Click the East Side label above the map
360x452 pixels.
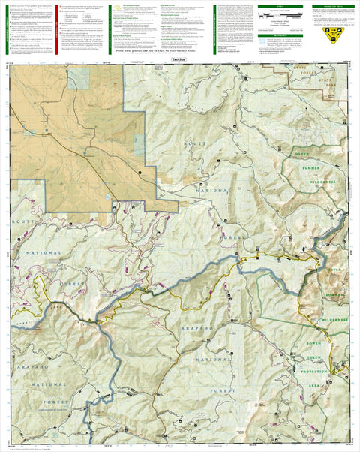(178, 58)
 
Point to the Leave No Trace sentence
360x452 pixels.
(178, 52)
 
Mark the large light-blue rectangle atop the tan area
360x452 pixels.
(77, 79)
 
